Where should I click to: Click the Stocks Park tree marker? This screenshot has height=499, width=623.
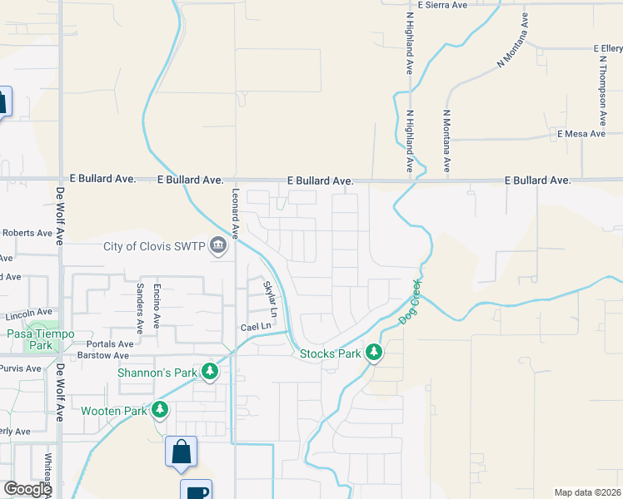click(375, 353)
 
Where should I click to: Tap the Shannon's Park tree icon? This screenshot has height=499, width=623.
click(210, 372)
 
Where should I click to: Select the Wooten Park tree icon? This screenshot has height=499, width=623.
click(160, 410)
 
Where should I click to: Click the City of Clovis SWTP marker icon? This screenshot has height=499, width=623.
click(218, 246)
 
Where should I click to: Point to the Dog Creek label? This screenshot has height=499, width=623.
click(411, 302)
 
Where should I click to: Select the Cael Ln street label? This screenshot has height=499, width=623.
click(256, 327)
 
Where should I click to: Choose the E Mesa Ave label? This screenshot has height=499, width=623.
click(581, 134)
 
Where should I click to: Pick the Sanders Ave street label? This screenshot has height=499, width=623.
click(139, 309)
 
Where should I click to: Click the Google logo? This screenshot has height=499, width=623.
click(27, 489)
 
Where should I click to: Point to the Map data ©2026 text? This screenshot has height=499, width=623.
click(587, 492)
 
